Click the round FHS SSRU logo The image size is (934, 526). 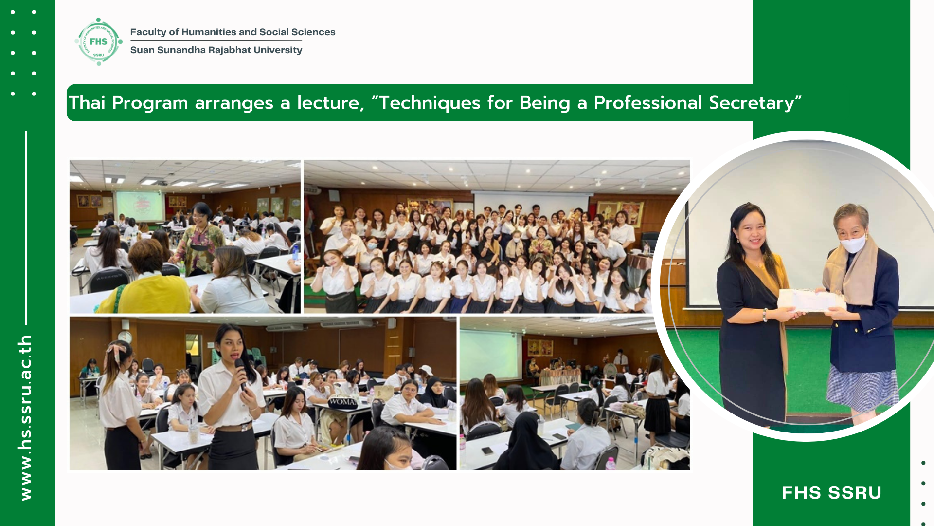click(x=99, y=42)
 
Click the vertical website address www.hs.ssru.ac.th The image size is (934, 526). click(x=25, y=418)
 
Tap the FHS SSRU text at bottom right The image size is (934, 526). click(x=831, y=493)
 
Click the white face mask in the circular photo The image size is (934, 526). click(x=854, y=244)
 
